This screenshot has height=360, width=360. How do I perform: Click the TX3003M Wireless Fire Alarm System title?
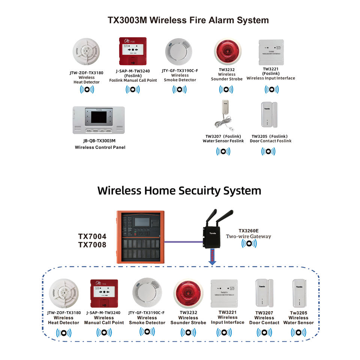pyautogui.click(x=188, y=20)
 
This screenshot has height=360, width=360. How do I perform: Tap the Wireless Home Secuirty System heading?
pyautogui.click(x=179, y=190)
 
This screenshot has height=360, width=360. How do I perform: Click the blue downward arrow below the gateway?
pyautogui.click(x=212, y=259)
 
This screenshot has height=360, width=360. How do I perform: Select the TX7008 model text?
pyautogui.click(x=92, y=245)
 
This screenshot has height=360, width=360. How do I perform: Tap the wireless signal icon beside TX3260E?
pyautogui.click(x=248, y=244)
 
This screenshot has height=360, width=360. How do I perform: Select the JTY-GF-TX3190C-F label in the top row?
pyautogui.click(x=180, y=70)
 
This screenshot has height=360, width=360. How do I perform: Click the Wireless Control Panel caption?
pyautogui.click(x=100, y=147)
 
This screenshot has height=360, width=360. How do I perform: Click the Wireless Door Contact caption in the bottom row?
pyautogui.click(x=264, y=320)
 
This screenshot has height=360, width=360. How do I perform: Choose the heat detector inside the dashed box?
pyautogui.click(x=64, y=294)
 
